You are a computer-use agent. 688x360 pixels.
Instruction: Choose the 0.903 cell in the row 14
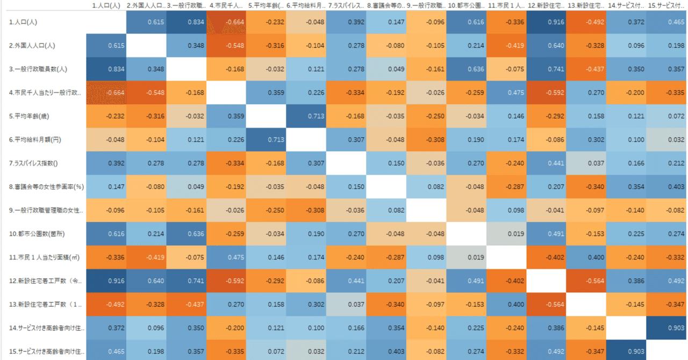pyautogui.click(x=666, y=327)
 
